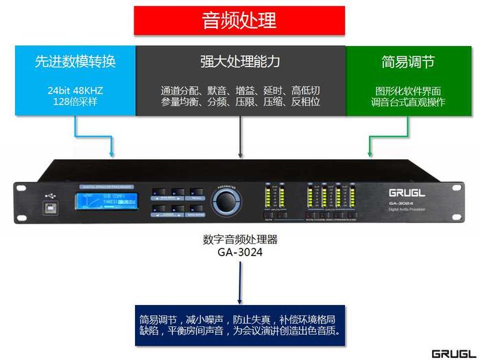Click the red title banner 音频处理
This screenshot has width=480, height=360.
click(240, 21)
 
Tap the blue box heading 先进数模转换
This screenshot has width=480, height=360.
click(75, 62)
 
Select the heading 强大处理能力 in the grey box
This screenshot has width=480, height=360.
click(240, 62)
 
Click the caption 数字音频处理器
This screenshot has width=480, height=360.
click(240, 240)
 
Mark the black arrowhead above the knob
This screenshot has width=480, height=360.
click(240, 156)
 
